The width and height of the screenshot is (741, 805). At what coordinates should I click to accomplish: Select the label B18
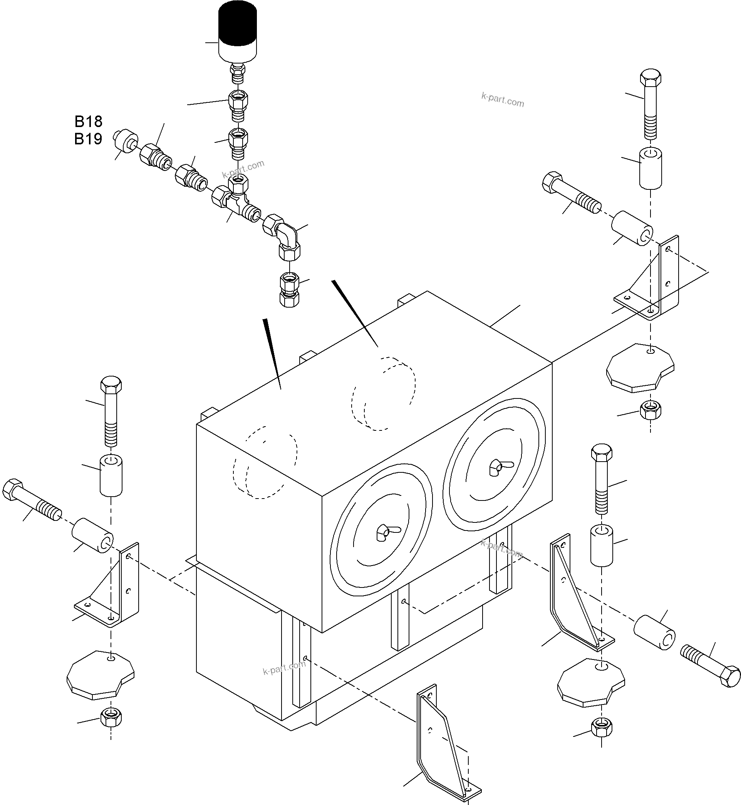(x=88, y=121)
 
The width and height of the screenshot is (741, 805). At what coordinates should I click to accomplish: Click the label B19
(x=88, y=139)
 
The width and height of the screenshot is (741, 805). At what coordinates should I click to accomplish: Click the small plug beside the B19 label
(x=125, y=141)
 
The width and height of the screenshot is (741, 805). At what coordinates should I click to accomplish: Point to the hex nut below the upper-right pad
(x=650, y=410)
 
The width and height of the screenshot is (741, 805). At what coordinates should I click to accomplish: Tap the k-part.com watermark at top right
(x=503, y=99)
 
